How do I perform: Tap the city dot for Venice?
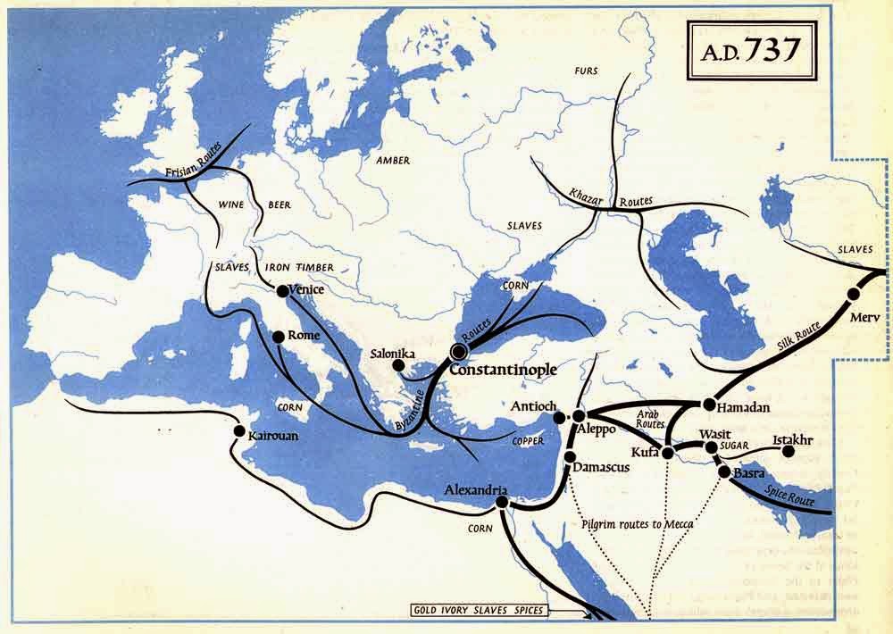[x=282, y=290]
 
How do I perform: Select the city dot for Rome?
[x=278, y=337]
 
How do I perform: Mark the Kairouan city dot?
[x=238, y=430]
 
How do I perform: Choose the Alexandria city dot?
[x=501, y=502]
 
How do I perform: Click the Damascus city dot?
[x=570, y=458]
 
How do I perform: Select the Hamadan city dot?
[x=710, y=404]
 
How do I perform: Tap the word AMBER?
[x=392, y=161]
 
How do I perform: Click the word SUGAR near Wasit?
[x=738, y=446]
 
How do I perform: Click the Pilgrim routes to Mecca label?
[x=637, y=524]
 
